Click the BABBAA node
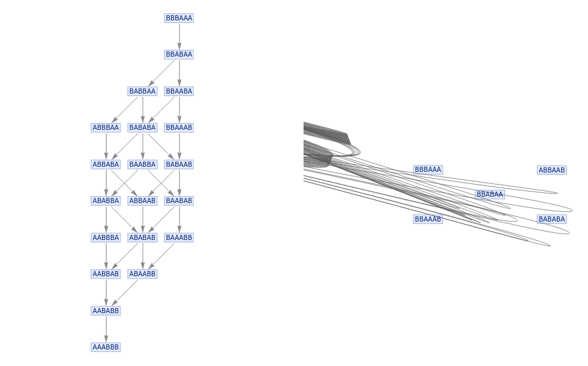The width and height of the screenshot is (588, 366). tap(142, 91)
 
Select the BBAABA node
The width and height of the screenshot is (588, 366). tap(179, 91)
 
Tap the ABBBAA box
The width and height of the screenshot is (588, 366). tap(106, 128)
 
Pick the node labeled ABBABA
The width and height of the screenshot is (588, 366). tap(106, 164)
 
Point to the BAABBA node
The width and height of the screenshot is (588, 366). tap(142, 164)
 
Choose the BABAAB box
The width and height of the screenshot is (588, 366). tap(179, 164)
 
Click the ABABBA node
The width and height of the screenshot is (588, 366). tap(106, 201)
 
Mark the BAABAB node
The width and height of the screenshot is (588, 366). tap(179, 201)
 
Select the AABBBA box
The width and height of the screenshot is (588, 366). tap(106, 237)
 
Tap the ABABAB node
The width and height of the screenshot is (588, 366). tap(142, 237)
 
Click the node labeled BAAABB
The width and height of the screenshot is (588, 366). tap(179, 237)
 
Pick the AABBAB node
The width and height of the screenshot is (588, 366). tap(106, 274)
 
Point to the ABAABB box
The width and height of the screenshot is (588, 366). tap(142, 274)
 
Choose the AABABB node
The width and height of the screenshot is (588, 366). tap(106, 311)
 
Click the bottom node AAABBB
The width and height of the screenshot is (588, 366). tap(106, 348)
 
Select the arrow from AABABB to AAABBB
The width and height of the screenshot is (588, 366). tap(106, 329)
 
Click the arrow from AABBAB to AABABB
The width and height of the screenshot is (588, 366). tap(106, 292)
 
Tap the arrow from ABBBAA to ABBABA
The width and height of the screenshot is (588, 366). tap(106, 146)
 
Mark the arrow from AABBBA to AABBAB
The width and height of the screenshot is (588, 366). tap(106, 256)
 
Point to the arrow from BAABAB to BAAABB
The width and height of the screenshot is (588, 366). tap(179, 219)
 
